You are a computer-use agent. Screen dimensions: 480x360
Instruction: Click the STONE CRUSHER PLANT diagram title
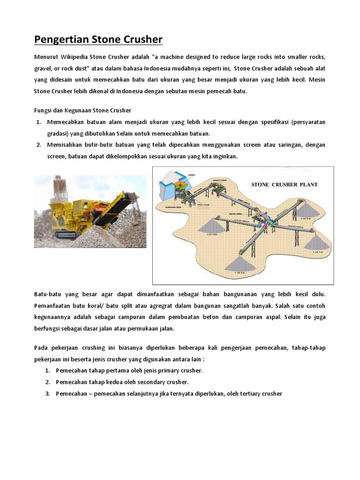click(285, 184)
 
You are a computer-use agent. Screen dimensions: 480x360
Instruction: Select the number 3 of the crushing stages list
click(47, 393)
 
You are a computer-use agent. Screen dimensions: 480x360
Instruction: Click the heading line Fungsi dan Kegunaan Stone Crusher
click(82, 110)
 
